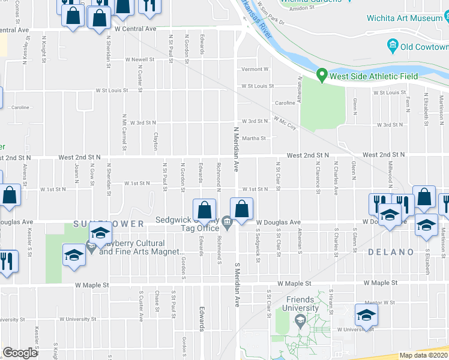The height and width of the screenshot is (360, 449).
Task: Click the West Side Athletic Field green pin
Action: pos(322,76)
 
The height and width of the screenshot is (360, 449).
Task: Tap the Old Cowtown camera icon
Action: pos(393,45)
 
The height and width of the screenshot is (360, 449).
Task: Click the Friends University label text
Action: pos(300,304)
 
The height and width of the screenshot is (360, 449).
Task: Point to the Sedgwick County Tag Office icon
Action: pos(227,223)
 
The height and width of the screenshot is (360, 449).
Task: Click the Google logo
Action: pos(20,353)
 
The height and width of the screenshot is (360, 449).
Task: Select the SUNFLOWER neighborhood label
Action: pos(108,224)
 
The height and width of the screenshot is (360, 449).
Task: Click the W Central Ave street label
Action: pos(136,28)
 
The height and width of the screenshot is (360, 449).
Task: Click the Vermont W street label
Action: pos(255,69)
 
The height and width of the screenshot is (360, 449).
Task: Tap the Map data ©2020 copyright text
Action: pos(424,355)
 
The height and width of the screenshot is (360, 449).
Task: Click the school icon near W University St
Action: pos(366,314)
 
